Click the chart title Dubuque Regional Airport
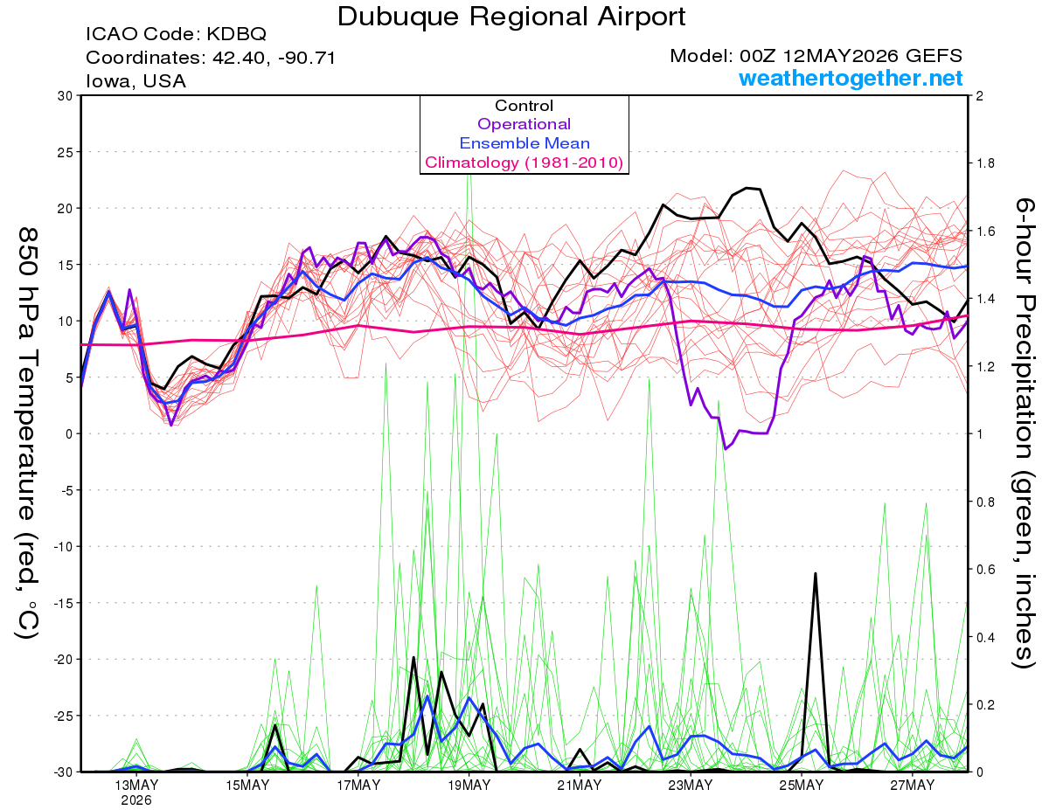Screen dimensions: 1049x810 tap(511, 17)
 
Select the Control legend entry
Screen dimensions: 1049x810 tap(524, 106)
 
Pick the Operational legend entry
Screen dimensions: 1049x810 tap(524, 124)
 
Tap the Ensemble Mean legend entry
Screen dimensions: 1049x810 tap(524, 143)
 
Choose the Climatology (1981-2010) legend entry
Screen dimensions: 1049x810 tap(524, 163)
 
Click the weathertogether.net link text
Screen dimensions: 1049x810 tap(851, 78)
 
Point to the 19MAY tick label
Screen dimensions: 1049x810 tap(469, 786)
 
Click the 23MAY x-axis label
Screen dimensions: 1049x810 tap(691, 786)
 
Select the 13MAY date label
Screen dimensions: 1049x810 tap(136, 786)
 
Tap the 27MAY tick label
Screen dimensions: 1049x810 tap(912, 786)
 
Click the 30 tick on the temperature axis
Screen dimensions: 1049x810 tap(66, 96)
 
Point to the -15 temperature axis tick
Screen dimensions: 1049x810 tap(63, 603)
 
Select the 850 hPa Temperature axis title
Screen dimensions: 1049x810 tap(28, 433)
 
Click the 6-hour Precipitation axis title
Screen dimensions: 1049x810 tap(1024, 433)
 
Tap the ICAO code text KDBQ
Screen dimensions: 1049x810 tap(236, 34)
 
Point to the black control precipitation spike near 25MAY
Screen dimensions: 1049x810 tap(816, 573)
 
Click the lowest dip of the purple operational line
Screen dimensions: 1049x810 tap(726, 448)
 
